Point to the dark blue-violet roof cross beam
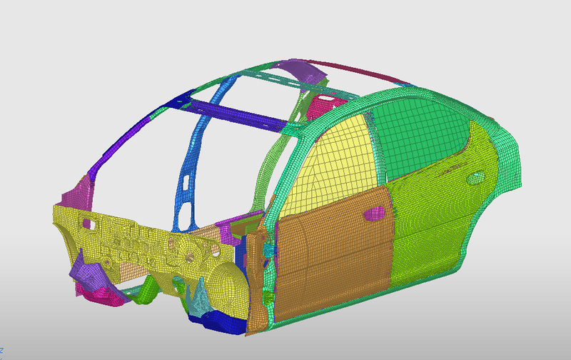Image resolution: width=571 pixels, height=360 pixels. (x=228, y=115)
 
